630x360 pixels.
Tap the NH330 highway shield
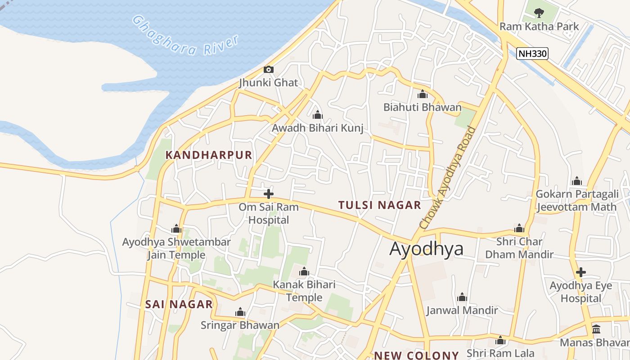click(x=532, y=54)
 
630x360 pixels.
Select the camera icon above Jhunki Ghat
click(x=269, y=69)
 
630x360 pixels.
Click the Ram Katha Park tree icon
click(x=539, y=13)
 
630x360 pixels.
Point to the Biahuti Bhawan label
click(x=422, y=107)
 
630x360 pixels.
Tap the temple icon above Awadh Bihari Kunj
click(x=318, y=115)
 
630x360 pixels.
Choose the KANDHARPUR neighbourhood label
click(x=209, y=155)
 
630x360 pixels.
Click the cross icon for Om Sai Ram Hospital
click(x=269, y=194)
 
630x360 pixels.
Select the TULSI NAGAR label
click(x=379, y=205)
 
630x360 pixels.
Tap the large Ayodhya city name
click(x=426, y=248)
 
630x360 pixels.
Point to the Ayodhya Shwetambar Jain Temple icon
click(x=176, y=229)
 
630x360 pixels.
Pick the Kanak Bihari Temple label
click(x=304, y=291)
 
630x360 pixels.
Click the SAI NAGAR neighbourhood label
click(x=179, y=304)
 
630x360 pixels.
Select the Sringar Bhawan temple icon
click(x=240, y=312)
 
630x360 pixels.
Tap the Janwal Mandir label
click(x=462, y=310)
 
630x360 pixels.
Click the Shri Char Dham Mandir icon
click(x=519, y=228)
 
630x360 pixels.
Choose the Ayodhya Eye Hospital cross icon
click(x=581, y=272)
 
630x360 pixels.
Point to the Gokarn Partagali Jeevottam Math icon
click(x=577, y=181)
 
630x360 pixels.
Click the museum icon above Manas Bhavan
click(x=596, y=329)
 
